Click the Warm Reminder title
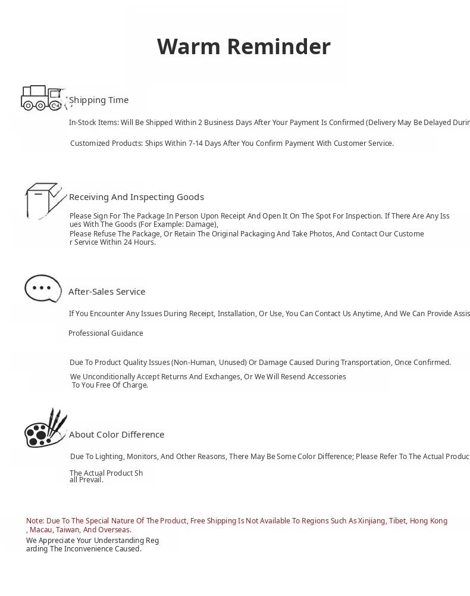[243, 46]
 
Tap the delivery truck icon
[42, 98]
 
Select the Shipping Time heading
[99, 100]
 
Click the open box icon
[44, 201]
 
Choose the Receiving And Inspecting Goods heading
[136, 197]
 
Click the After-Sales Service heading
[107, 292]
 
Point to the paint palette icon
[45, 429]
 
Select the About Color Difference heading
[117, 435]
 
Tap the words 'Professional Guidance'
[106, 333]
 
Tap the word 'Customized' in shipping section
[90, 143]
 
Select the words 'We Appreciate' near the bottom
[50, 541]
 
